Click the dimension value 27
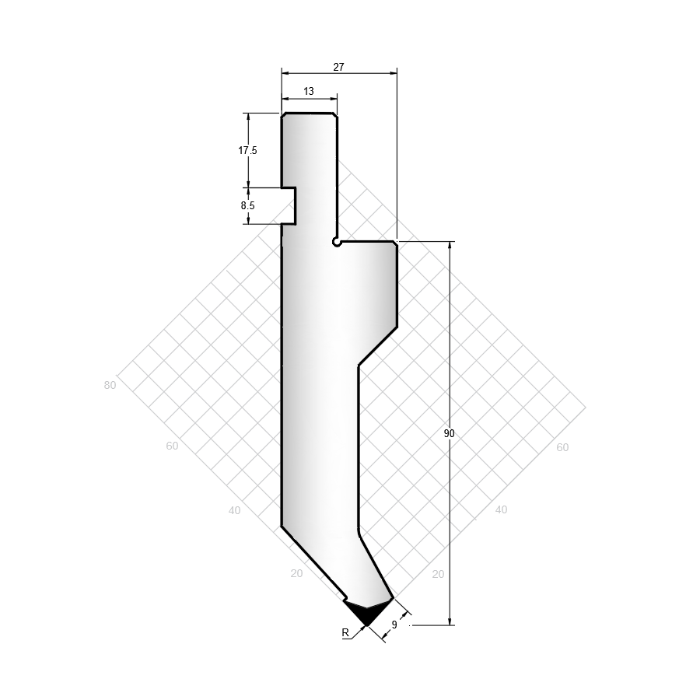tap(339, 67)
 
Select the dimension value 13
tap(309, 91)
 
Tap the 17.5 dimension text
tap(247, 150)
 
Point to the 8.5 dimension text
tap(248, 205)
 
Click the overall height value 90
tap(449, 433)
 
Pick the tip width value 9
tap(394, 625)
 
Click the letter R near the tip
tap(345, 632)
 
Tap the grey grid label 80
tap(110, 385)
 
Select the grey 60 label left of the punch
tap(172, 446)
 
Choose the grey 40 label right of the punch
tap(501, 509)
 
